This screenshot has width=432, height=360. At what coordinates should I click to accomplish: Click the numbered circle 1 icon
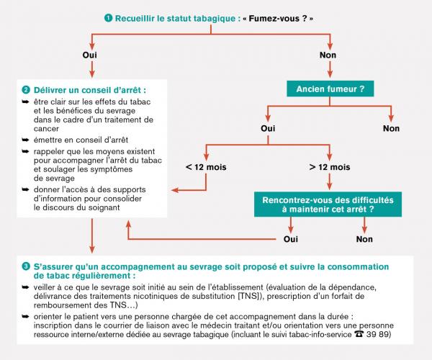[x=108, y=17]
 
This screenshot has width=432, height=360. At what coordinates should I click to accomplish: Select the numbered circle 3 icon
[x=26, y=266]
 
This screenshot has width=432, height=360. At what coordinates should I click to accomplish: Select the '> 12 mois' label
[x=330, y=167]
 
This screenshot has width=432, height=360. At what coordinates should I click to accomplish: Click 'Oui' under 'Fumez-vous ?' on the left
[x=92, y=55]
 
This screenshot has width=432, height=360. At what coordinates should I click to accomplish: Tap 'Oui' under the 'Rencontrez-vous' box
[x=291, y=238]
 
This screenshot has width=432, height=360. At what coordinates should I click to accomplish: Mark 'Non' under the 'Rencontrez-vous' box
[x=364, y=238]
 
